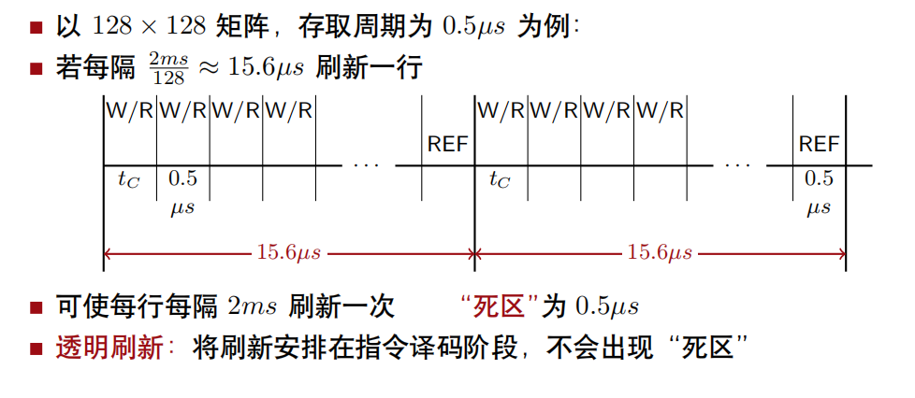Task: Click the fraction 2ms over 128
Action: [168, 70]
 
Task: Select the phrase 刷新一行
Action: [370, 69]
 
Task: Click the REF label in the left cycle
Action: [448, 144]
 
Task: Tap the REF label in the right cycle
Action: [819, 144]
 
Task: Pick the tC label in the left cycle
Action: [128, 181]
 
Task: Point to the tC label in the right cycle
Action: [500, 181]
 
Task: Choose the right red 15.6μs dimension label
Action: [661, 252]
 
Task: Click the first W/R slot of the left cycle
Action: [130, 111]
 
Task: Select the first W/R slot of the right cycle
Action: [501, 111]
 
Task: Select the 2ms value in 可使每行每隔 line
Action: [253, 306]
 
